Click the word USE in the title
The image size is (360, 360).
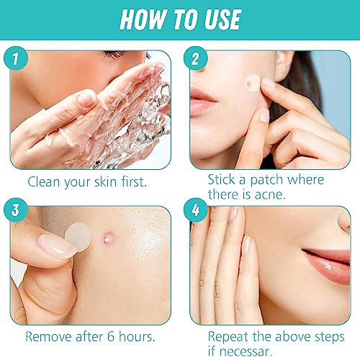tap(223, 19)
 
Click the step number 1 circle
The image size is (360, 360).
tap(16, 58)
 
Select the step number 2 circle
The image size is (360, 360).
tap(196, 58)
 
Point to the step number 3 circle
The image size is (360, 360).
tap(16, 210)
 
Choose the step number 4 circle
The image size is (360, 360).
tap(196, 210)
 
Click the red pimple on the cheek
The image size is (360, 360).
tap(109, 239)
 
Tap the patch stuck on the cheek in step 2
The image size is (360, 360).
tap(253, 83)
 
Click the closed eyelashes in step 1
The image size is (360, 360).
tap(115, 54)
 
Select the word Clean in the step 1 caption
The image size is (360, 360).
tap(43, 181)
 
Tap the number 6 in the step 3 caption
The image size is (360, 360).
tap(111, 336)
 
